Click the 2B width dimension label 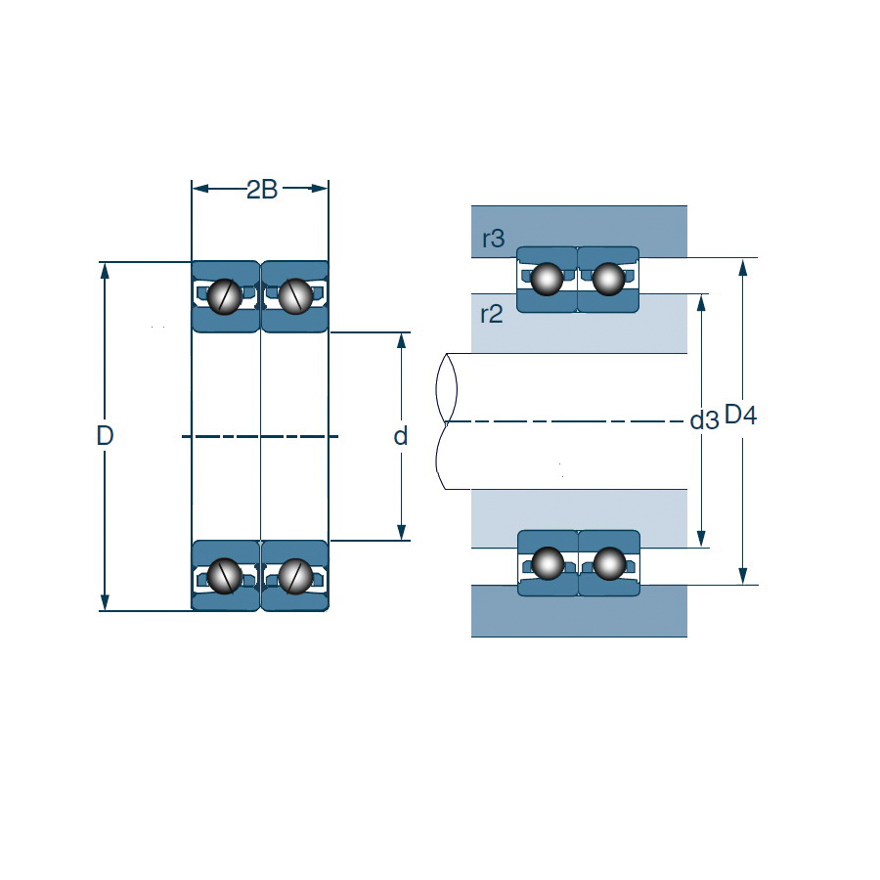261,189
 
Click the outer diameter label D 106,436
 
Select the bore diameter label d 400,436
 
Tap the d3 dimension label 704,420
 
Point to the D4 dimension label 740,416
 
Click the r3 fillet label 494,238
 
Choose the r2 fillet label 492,314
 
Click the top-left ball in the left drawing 226,296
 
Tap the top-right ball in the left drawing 294,296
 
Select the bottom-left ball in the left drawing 226,576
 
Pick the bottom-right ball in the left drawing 294,576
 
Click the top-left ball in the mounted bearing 547,279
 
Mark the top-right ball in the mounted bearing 608,279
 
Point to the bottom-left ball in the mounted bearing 547,563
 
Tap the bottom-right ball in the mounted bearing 608,563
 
